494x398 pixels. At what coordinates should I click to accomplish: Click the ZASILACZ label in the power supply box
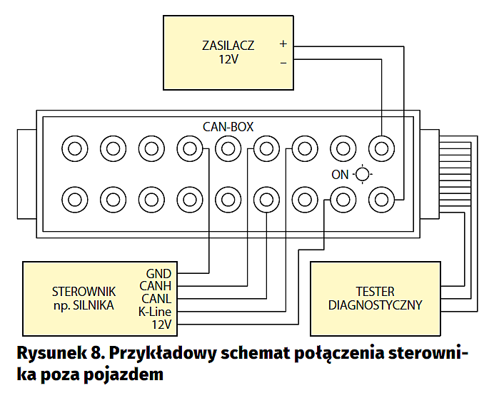click(228, 46)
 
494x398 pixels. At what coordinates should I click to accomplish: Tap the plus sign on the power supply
click(283, 44)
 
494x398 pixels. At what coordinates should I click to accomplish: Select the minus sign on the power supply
click(283, 62)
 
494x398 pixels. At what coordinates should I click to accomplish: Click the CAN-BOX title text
click(228, 126)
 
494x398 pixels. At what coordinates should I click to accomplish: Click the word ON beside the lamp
click(342, 175)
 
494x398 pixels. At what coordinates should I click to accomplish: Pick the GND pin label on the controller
click(158, 274)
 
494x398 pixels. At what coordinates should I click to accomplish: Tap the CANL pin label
click(156, 299)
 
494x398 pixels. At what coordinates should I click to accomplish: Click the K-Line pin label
click(155, 312)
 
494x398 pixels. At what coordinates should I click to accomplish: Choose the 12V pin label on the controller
click(161, 325)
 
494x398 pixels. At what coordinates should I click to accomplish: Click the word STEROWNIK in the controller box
click(83, 292)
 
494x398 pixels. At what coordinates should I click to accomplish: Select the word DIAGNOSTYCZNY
click(375, 305)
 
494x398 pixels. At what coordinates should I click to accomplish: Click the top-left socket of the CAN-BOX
click(74, 149)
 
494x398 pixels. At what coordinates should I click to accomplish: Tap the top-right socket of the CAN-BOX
click(381, 149)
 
